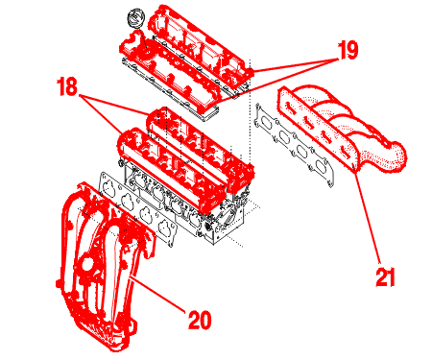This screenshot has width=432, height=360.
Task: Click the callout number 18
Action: point(67,86)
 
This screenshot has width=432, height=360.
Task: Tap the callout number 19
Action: point(348,50)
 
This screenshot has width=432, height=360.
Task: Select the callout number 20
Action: point(200,320)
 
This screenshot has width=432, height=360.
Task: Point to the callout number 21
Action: point(385,276)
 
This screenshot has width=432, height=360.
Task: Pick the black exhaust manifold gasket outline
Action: point(293,144)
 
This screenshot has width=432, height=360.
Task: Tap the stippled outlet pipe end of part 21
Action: point(396,156)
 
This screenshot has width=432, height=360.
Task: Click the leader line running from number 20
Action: point(157,295)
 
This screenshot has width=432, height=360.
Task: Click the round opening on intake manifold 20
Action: point(87,265)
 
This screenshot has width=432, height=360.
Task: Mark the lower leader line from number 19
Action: point(277,82)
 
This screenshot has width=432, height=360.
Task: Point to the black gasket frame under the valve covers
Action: point(170,88)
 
